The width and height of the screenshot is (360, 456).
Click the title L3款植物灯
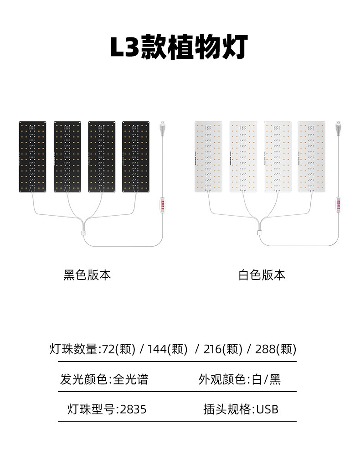(x=180, y=47)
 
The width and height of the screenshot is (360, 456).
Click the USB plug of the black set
(x=162, y=128)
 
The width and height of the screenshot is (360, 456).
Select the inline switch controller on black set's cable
(x=163, y=204)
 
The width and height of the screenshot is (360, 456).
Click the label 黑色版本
(x=87, y=275)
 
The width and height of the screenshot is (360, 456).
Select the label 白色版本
(x=262, y=275)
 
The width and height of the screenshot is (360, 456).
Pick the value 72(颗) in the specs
(x=118, y=349)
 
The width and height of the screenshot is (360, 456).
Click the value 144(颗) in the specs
(x=167, y=349)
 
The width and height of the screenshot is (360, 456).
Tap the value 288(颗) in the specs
(x=276, y=349)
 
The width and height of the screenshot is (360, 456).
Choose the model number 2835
(x=133, y=409)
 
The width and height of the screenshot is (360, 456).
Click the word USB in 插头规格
(x=267, y=409)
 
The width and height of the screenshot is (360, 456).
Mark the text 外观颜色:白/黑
(x=240, y=379)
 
